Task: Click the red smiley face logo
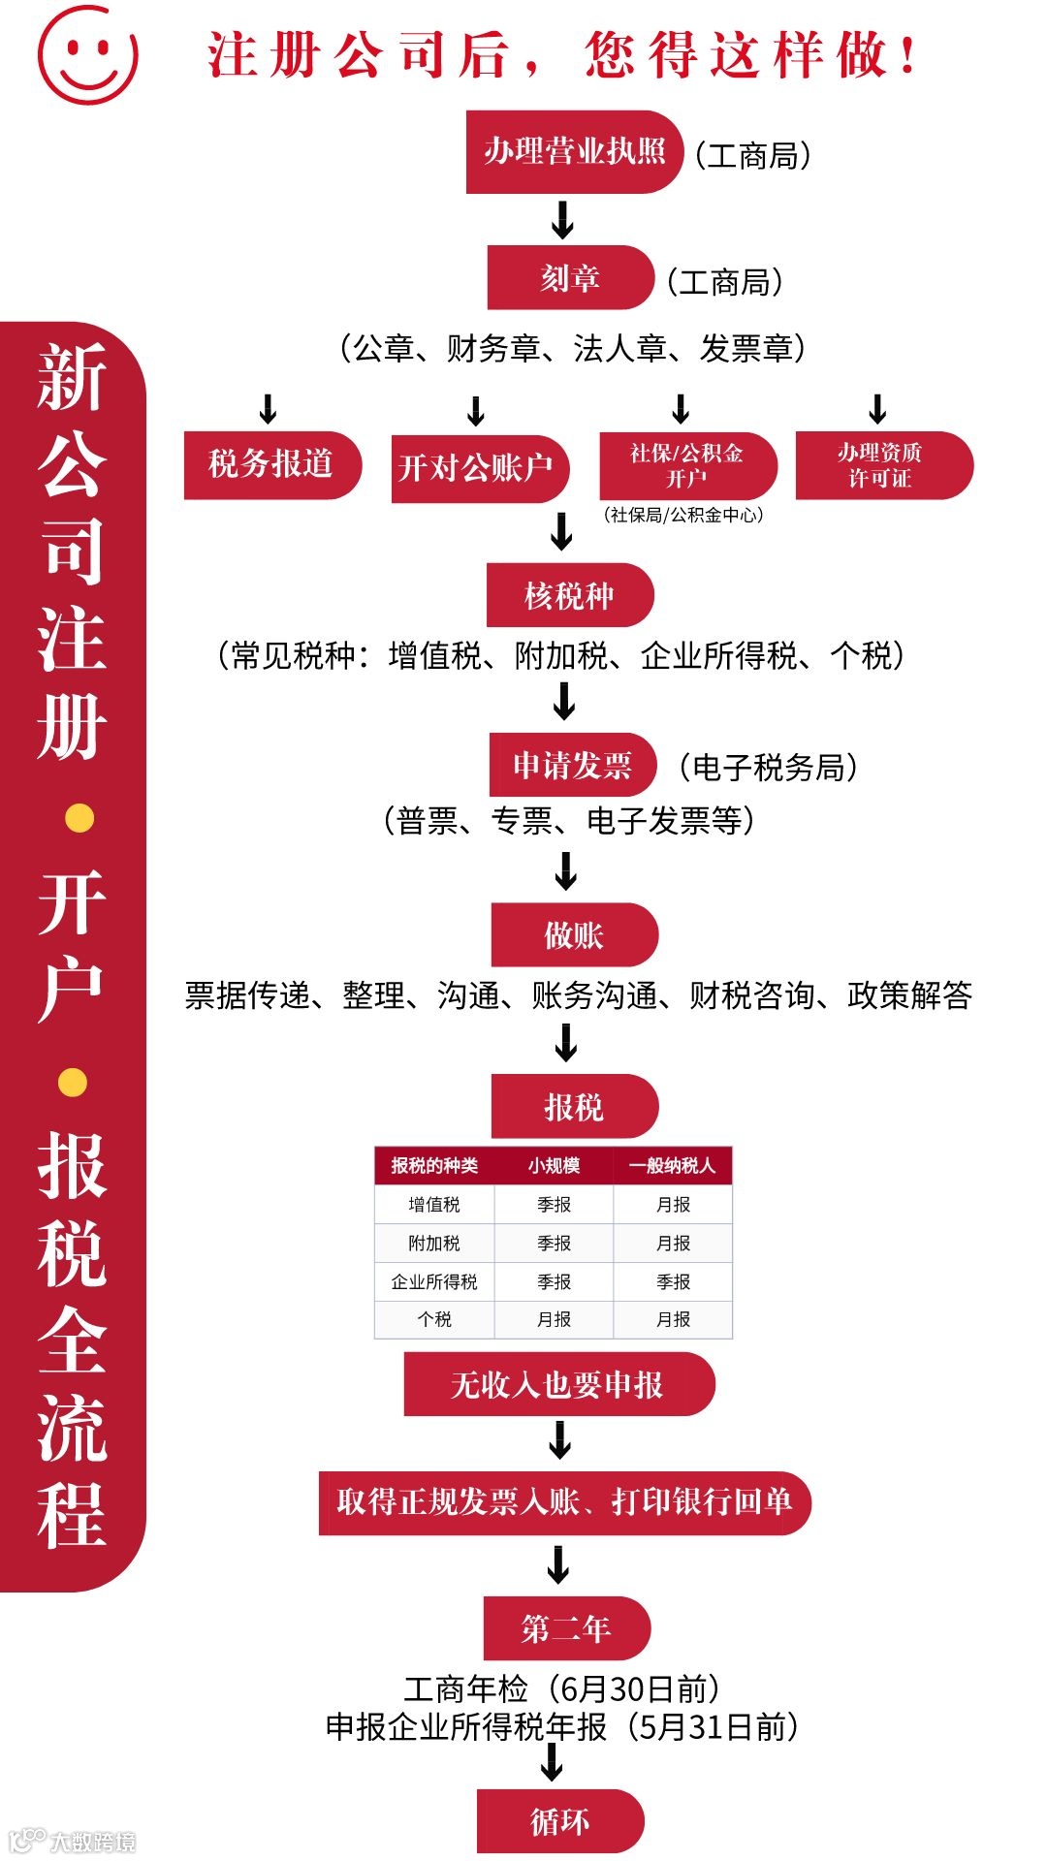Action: point(87,55)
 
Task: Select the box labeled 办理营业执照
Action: point(574,151)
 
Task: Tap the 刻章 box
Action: point(570,278)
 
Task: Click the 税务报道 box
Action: point(271,464)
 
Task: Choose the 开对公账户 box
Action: point(478,468)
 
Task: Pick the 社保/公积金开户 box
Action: point(687,465)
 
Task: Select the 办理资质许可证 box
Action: point(882,465)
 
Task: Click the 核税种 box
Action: point(570,595)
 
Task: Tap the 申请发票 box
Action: point(573,765)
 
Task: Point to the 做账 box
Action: point(574,935)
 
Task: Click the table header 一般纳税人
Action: point(673,1165)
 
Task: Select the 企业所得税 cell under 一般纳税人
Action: point(673,1281)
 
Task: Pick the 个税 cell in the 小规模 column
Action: point(554,1319)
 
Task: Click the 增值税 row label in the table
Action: point(434,1205)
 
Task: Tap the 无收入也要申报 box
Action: point(558,1384)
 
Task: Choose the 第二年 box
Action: point(566,1628)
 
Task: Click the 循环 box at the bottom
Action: point(560,1821)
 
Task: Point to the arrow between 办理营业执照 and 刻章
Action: point(562,219)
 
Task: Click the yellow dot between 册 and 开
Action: point(79,818)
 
